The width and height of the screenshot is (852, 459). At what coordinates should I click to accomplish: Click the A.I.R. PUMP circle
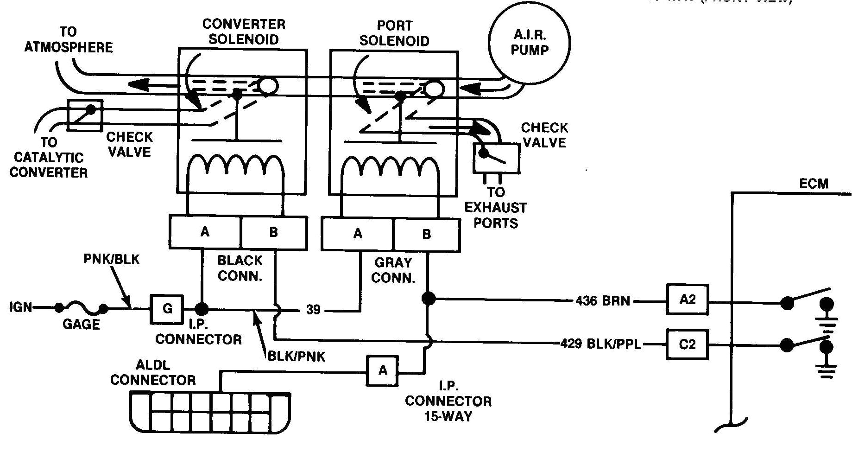click(x=530, y=44)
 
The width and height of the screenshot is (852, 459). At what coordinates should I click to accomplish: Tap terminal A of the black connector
click(x=205, y=232)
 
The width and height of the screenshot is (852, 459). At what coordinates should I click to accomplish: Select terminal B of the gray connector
click(x=426, y=234)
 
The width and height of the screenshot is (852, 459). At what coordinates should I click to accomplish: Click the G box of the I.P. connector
click(x=167, y=309)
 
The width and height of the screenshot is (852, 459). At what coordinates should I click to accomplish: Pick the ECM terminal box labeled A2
click(x=687, y=300)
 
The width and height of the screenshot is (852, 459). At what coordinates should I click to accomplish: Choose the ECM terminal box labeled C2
click(x=687, y=344)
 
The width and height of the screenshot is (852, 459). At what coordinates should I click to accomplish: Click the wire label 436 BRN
click(x=603, y=301)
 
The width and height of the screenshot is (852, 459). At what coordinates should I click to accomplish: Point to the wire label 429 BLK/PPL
click(x=601, y=344)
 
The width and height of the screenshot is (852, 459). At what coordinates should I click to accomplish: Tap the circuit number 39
click(x=313, y=310)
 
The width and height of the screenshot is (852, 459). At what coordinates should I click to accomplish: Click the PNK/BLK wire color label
click(x=111, y=259)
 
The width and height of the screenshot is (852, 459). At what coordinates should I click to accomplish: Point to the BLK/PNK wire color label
click(x=297, y=356)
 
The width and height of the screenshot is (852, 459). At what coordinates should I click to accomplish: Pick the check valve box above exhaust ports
click(x=496, y=158)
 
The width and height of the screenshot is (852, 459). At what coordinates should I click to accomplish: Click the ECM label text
click(x=814, y=184)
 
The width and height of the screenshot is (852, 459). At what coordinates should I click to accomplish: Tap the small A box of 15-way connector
click(x=382, y=370)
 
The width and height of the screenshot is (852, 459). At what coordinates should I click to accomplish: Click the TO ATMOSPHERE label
click(x=68, y=40)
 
